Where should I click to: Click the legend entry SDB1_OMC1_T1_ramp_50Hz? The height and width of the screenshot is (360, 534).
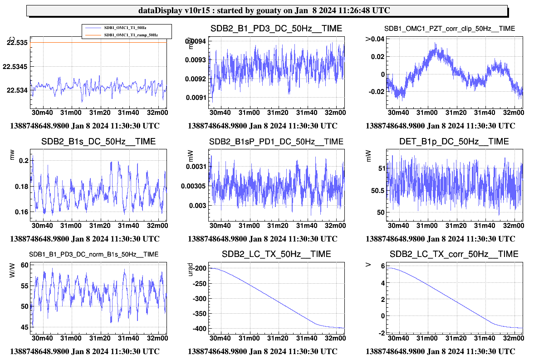tap(131, 35)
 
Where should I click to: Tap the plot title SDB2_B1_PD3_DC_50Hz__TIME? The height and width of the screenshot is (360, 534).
tap(276, 29)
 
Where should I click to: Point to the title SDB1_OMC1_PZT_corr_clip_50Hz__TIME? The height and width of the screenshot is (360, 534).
tap(449, 29)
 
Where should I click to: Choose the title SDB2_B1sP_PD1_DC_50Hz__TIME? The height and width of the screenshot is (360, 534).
tap(276, 142)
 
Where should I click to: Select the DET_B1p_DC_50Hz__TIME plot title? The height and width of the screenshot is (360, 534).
tap(454, 142)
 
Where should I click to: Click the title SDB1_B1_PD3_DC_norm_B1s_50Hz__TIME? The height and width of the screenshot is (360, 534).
tap(94, 254)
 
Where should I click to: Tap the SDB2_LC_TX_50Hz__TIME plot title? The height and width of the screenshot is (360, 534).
tap(276, 254)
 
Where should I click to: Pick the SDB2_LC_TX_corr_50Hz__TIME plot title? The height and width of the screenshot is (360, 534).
tap(454, 254)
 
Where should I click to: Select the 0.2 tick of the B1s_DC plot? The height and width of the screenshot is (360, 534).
tap(24, 160)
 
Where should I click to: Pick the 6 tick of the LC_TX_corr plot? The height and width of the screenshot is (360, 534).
tap(382, 266)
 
